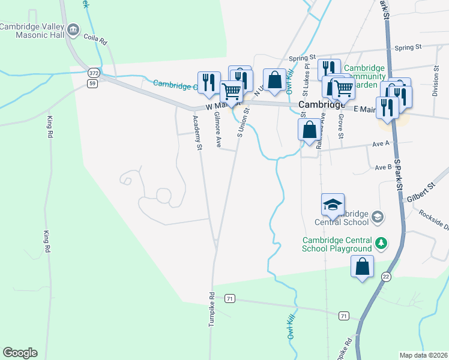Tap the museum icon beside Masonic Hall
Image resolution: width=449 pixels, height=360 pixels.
point(74,29)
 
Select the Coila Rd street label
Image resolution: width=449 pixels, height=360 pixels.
point(95,40)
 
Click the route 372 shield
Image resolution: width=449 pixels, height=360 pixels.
point(92,73)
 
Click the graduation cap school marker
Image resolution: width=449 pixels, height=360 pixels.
point(333,205)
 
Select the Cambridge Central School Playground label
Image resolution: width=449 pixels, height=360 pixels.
point(337,245)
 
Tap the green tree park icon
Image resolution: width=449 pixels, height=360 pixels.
point(381,244)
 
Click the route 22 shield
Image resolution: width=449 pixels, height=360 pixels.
point(385,275)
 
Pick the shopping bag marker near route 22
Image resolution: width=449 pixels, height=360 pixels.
point(363,267)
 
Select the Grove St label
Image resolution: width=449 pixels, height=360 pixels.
point(340,127)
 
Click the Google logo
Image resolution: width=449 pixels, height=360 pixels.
point(20,353)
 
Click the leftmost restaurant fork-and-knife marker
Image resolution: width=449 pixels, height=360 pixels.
point(209,83)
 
